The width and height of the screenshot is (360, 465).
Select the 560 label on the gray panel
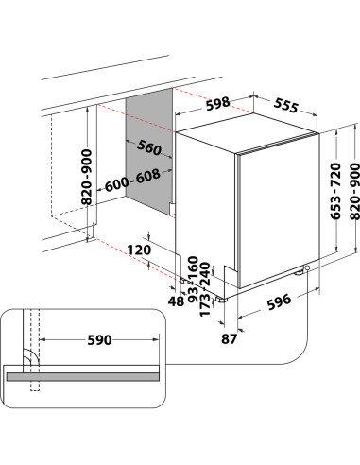click(148, 147)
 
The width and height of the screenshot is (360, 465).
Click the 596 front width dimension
click(278, 302)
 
